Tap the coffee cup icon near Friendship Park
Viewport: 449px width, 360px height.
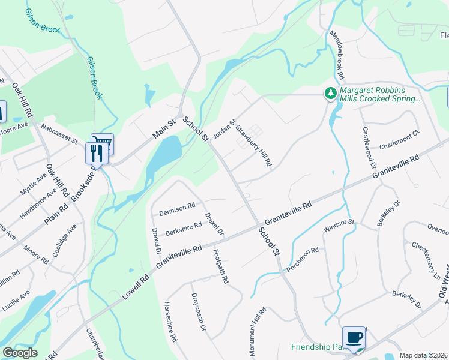point(353,337)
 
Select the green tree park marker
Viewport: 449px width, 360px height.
point(330,93)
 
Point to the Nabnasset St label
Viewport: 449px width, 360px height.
point(59,134)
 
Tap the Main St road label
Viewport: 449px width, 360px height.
point(163,129)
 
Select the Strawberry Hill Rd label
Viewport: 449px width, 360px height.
point(253,146)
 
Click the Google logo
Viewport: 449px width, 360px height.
point(20,353)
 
